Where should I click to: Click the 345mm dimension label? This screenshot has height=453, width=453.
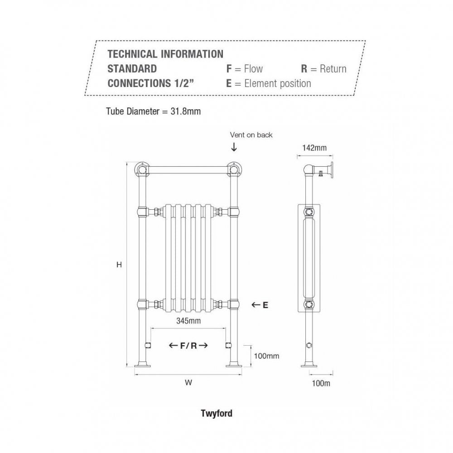click(188, 321)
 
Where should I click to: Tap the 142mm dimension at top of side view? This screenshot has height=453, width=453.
click(314, 148)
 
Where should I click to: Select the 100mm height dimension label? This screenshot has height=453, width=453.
click(266, 356)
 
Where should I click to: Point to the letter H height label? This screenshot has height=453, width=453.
click(119, 265)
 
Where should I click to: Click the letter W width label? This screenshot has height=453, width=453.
click(188, 382)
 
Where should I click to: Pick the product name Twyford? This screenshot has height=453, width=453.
click(217, 414)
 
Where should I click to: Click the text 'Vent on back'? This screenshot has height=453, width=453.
click(251, 135)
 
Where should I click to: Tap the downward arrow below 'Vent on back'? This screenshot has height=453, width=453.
click(234, 147)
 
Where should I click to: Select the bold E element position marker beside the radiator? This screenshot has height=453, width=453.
click(265, 305)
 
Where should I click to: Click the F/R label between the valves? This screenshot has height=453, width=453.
click(188, 346)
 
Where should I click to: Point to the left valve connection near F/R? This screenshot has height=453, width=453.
click(148, 345)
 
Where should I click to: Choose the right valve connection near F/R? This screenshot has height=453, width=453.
click(228, 345)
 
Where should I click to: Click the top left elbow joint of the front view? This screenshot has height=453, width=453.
click(142, 169)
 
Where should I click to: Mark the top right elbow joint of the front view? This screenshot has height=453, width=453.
click(234, 169)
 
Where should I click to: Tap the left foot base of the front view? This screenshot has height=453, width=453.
click(142, 366)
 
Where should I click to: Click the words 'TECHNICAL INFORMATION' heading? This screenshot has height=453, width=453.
click(165, 54)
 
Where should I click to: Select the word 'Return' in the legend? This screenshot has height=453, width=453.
click(333, 69)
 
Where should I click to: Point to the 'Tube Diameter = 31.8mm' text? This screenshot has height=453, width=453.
click(154, 111)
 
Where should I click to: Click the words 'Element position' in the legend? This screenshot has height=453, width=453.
click(278, 83)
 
